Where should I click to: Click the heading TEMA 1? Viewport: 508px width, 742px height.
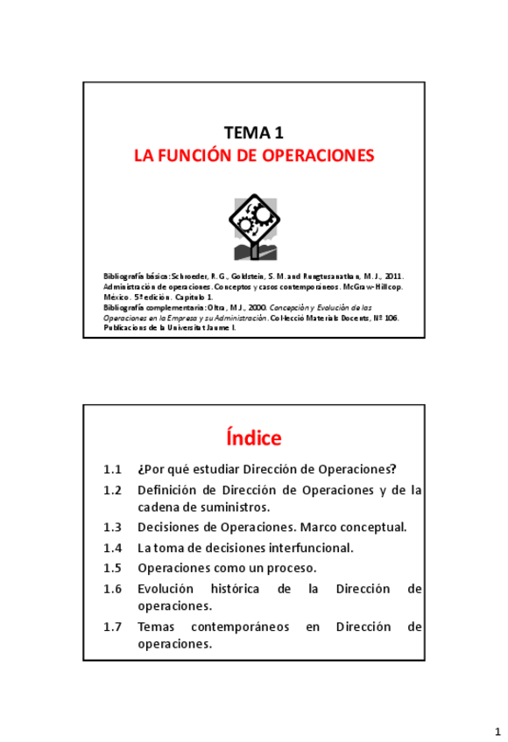(x=253, y=134)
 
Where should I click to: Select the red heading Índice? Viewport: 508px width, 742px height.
(x=253, y=436)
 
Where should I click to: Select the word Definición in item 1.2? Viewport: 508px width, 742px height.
(x=170, y=490)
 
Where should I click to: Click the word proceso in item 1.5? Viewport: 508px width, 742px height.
(x=288, y=567)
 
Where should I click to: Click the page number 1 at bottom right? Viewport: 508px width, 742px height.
(x=494, y=729)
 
